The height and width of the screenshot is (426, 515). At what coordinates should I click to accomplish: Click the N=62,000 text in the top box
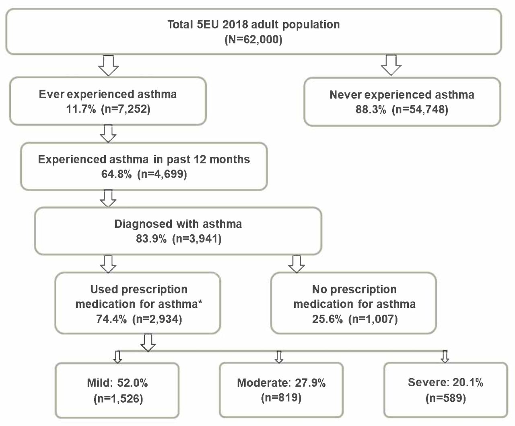253,39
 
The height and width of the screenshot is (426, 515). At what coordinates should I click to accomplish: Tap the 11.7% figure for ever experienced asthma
81,109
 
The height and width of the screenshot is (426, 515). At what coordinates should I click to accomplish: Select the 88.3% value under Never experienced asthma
371,109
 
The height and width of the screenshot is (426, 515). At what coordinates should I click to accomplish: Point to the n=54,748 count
420,110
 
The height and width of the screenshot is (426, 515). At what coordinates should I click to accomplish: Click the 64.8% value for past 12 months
116,174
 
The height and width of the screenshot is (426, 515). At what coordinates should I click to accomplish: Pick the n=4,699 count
162,174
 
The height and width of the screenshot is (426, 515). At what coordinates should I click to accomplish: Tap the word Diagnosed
143,224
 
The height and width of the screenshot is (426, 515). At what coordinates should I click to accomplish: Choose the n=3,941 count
197,239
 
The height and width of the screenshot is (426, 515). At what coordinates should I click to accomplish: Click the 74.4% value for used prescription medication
111,319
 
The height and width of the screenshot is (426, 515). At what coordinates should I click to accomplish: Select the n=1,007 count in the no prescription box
373,319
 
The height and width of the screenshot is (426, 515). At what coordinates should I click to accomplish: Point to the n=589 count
446,398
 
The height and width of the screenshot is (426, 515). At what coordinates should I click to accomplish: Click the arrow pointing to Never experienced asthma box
391,65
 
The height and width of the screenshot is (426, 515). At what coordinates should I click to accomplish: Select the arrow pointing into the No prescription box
297,264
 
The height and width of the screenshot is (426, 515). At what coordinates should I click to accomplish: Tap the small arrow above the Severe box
445,356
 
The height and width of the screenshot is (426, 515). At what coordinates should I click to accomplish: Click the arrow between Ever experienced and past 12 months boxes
108,133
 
